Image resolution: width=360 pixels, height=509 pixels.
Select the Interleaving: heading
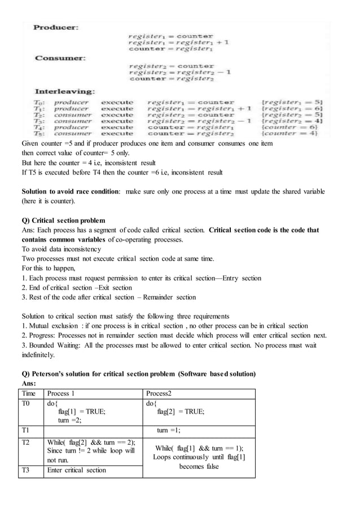pyautogui.click(x=65, y=91)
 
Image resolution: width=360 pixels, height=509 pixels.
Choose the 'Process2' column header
pyautogui.click(x=160, y=393)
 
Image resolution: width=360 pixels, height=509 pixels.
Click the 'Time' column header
pyautogui.click(x=28, y=393)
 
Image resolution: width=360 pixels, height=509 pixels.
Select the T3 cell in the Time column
pyautogui.click(x=27, y=470)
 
